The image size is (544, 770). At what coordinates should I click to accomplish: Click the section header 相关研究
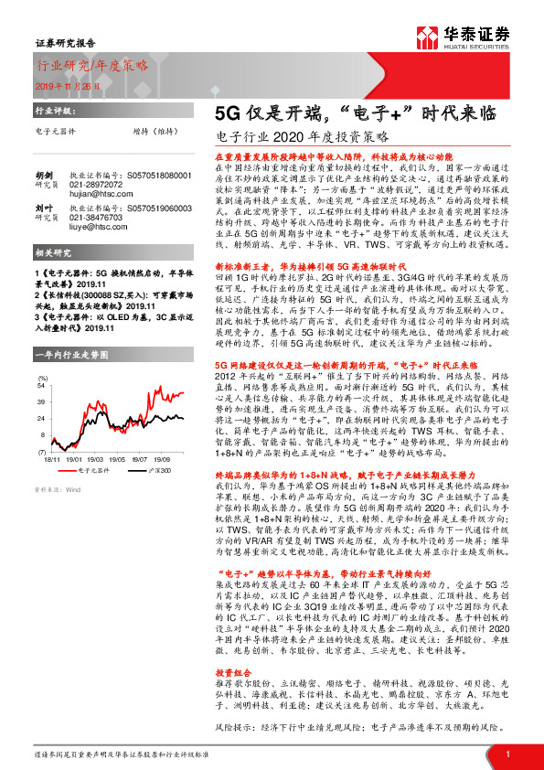point(53,276)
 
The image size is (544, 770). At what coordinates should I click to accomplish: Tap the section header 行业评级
point(53,111)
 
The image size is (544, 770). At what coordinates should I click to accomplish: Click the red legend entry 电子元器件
point(93,469)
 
